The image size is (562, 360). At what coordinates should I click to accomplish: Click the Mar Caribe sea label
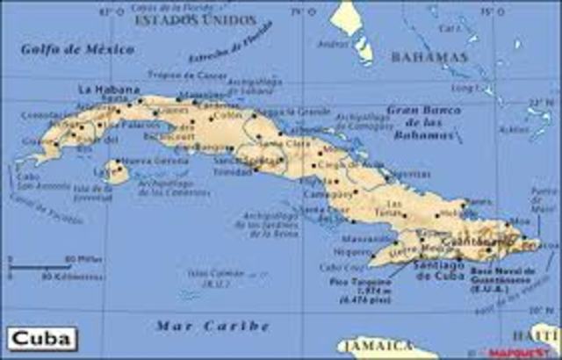212,326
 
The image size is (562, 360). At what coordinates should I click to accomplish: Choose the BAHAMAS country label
429,57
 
